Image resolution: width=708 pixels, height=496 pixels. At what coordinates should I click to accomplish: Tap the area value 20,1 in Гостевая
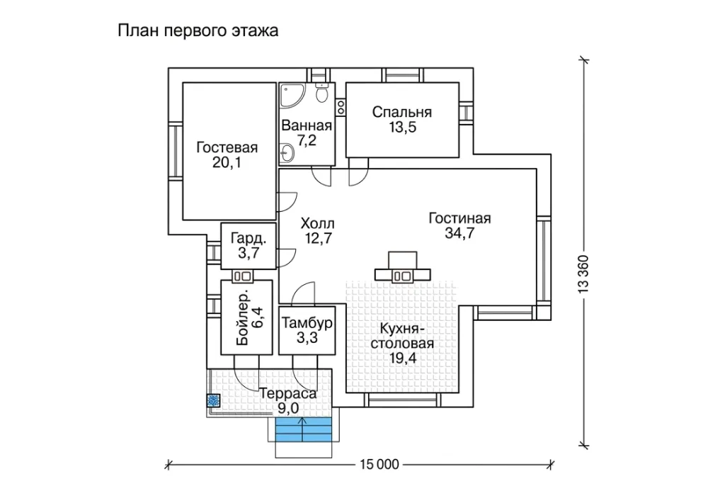[227, 163]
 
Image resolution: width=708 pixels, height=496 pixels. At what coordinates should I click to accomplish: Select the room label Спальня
[402, 112]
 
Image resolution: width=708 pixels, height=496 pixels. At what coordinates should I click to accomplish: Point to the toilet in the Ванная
[322, 94]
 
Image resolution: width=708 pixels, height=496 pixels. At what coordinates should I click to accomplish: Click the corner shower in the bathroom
[287, 96]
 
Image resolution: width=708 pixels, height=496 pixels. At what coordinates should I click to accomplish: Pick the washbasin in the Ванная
[286, 153]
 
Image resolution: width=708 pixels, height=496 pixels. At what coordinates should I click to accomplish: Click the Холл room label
[317, 223]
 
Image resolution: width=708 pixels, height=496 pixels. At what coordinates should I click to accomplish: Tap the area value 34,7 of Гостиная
[459, 234]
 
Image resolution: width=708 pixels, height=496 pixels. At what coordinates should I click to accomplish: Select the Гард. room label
[248, 238]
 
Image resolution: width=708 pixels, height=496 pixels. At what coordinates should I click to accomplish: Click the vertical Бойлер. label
[242, 317]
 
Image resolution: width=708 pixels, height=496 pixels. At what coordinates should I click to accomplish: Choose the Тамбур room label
[307, 323]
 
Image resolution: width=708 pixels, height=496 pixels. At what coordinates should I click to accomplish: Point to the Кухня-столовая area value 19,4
[401, 359]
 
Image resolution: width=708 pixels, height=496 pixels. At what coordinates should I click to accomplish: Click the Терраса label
[288, 394]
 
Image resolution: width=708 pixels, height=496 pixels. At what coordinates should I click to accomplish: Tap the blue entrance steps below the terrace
[304, 429]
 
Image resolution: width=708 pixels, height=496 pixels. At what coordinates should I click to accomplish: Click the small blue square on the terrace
[213, 400]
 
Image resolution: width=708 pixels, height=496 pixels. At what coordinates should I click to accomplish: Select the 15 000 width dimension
[379, 464]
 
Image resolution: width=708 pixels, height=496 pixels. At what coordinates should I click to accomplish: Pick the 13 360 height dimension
[584, 275]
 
